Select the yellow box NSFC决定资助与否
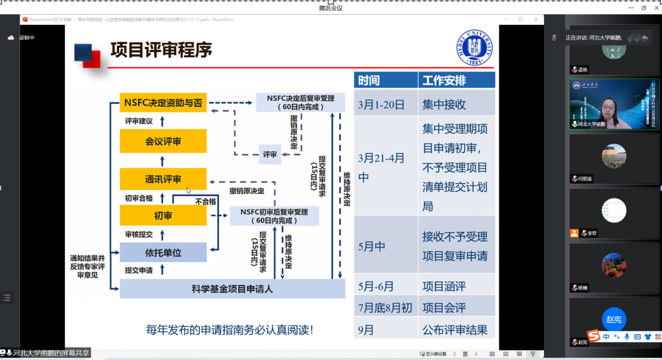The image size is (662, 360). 163,103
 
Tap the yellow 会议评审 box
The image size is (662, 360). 163,141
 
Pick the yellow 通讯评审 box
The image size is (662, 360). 163,179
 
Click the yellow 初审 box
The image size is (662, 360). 163,216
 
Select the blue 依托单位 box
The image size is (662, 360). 163,253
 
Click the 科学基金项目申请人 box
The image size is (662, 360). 233,289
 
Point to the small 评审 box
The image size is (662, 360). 270,154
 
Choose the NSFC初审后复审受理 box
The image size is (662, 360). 274,216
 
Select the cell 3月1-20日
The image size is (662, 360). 381,105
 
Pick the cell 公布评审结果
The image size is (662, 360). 455,329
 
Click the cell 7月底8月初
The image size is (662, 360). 385,308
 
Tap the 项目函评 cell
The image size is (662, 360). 444,287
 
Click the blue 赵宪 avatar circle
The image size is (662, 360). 614,319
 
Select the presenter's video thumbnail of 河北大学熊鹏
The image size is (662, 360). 614,105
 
